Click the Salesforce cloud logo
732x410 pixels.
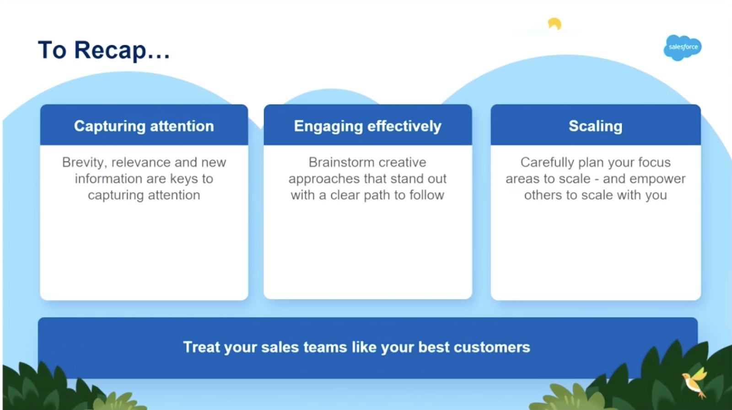(682, 47)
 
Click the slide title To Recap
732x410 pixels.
(104, 50)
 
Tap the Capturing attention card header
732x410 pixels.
(144, 126)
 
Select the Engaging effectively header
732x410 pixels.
(367, 126)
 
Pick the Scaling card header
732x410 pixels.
(595, 126)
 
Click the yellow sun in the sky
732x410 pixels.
(554, 23)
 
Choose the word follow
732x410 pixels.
(426, 195)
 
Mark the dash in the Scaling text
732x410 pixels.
(597, 179)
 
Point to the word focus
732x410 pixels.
(654, 162)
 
